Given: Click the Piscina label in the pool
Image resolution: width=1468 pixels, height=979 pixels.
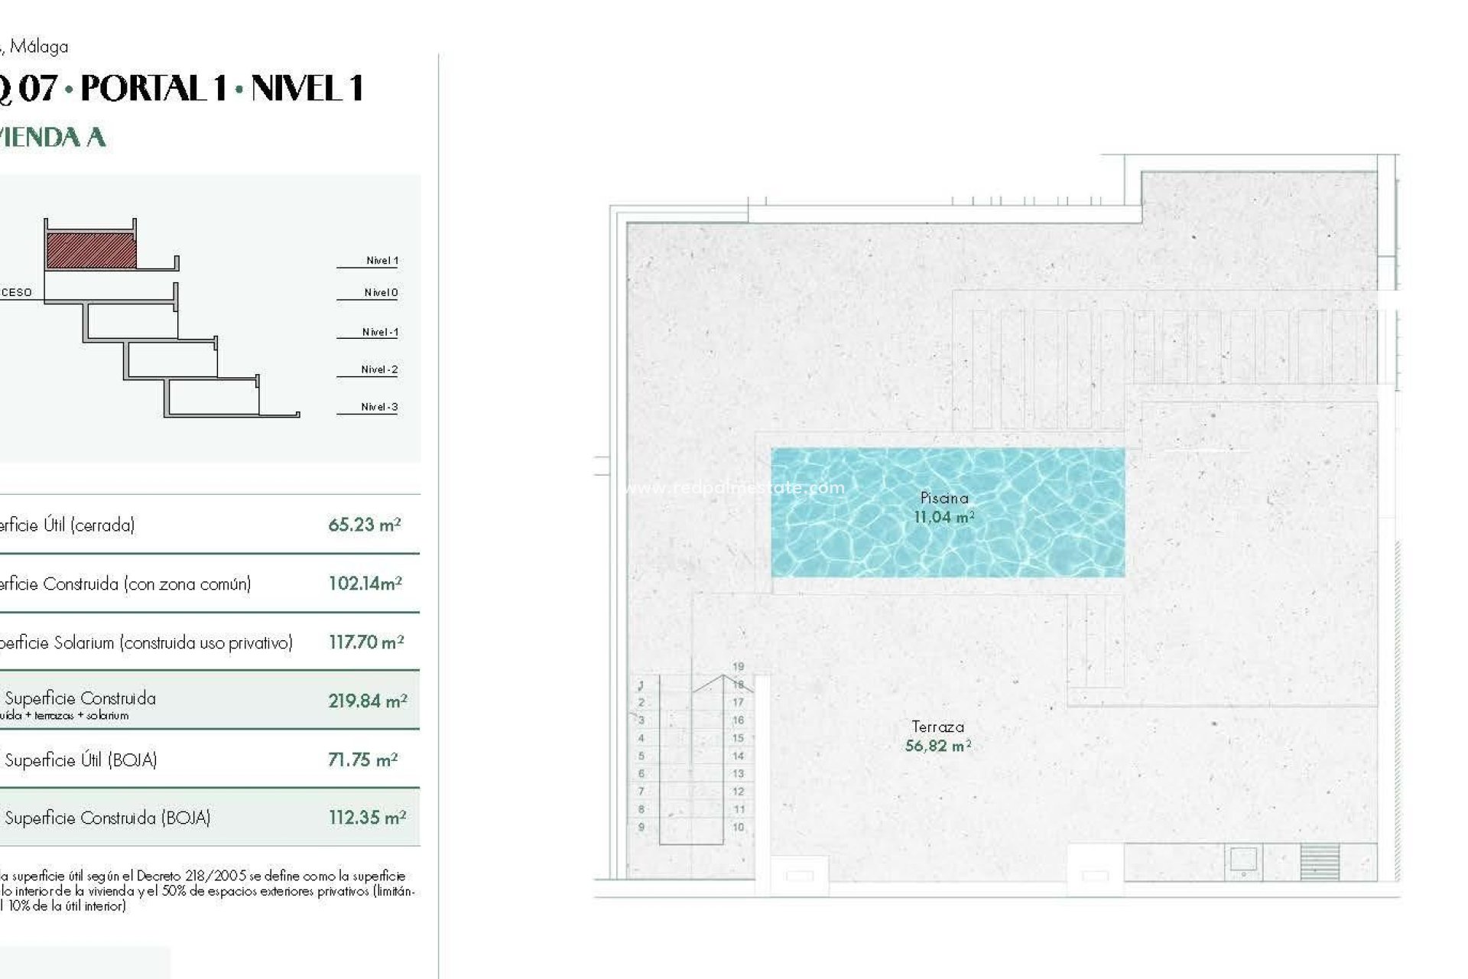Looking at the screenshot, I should (x=944, y=498).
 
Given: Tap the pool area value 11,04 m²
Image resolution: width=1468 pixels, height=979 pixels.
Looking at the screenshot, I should (x=944, y=517).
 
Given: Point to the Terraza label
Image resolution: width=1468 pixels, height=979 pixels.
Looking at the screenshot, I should (x=937, y=727).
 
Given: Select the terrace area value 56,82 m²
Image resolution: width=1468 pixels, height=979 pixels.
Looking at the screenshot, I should (x=937, y=746).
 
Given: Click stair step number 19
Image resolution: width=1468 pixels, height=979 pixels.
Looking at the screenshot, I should (x=738, y=666).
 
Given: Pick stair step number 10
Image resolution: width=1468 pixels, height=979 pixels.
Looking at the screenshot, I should (x=738, y=827).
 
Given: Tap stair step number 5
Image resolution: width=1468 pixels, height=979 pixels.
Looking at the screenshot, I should (x=641, y=756).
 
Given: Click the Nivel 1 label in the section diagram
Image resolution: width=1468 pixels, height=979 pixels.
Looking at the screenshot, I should (x=382, y=260).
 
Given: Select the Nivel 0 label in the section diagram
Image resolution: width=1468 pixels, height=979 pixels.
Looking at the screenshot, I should (x=381, y=292).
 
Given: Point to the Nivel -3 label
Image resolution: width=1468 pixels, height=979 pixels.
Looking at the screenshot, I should (x=379, y=407).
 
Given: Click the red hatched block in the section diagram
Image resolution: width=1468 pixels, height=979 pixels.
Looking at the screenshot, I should (x=92, y=251).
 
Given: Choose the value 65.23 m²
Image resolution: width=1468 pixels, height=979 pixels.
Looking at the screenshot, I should (x=365, y=525).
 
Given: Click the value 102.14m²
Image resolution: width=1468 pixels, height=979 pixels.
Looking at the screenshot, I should (x=365, y=584).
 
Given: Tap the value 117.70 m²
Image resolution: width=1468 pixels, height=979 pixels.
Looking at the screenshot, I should (x=366, y=642).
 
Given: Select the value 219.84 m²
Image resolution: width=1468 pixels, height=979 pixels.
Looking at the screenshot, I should (x=367, y=701).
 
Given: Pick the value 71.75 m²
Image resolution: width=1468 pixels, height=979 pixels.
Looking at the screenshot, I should (x=363, y=759).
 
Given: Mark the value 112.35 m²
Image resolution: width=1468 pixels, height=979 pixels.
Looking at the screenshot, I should (x=367, y=818).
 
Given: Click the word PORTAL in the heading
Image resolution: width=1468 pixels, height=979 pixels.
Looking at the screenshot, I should (x=154, y=89).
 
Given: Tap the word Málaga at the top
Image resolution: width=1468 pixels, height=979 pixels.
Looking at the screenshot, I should (x=39, y=47).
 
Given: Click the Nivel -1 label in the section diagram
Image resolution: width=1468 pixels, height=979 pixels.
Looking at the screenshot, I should (x=379, y=332).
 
